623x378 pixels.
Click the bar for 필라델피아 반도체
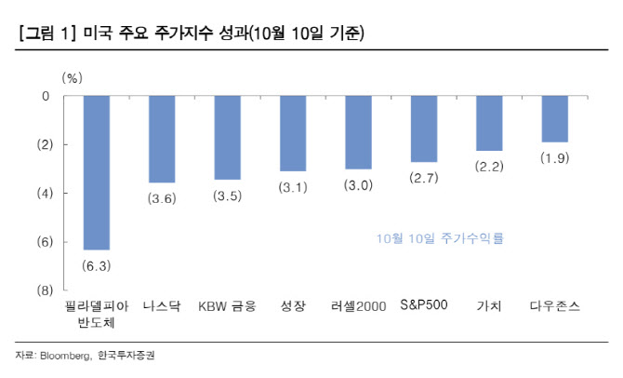click(x=97, y=172)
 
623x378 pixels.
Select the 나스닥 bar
click(x=162, y=139)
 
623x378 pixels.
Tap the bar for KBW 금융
click(x=228, y=138)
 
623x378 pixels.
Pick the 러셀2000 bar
click(x=358, y=132)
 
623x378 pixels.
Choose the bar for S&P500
click(x=424, y=128)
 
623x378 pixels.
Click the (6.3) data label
click(x=97, y=265)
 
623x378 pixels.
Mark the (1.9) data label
click(x=554, y=158)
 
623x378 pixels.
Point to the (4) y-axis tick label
click(x=41, y=194)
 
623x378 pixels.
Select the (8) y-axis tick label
click(x=41, y=290)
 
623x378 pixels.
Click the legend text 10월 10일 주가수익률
click(x=441, y=238)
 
